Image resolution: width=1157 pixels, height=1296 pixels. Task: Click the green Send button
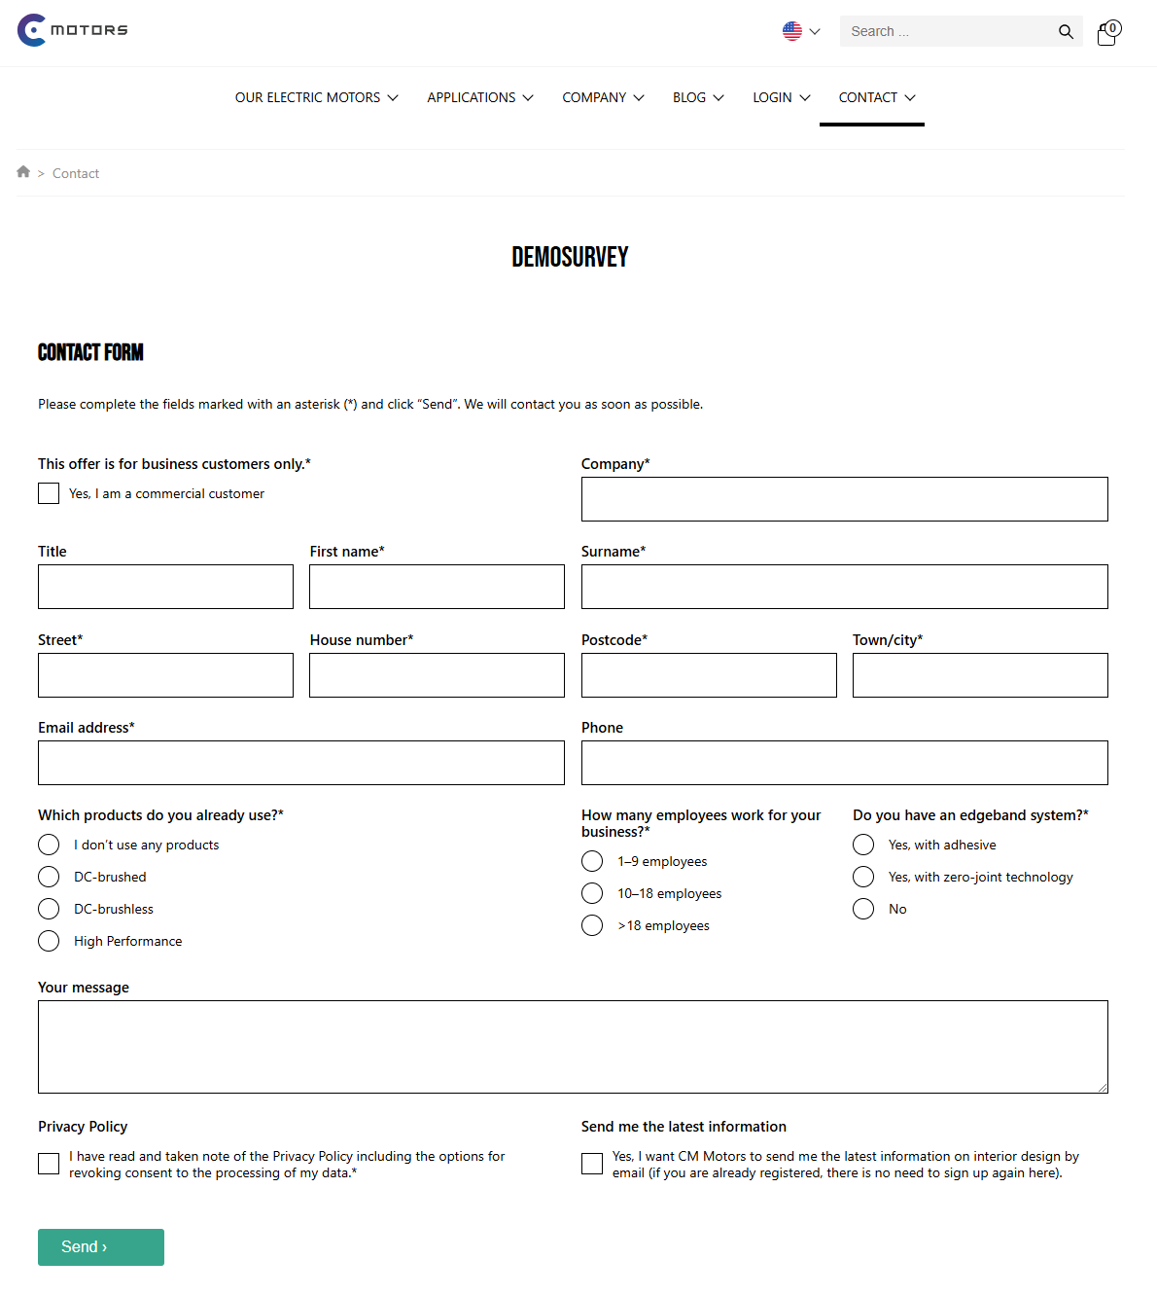100,1246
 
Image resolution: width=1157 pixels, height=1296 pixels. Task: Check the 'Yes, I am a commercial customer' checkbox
49,493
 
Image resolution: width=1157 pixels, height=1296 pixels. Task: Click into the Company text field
844,499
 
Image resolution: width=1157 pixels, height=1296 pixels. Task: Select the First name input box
437,587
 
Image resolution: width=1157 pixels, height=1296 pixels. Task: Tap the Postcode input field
708,675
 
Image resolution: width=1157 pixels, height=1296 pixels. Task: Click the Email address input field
300,763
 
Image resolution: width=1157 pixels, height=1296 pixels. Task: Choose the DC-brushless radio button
49,909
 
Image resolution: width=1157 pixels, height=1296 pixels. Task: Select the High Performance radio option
49,941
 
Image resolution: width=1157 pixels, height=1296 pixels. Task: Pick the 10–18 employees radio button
592,893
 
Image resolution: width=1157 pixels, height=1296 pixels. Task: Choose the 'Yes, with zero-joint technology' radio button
863,877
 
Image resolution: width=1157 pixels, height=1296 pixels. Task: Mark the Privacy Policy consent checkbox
49,1164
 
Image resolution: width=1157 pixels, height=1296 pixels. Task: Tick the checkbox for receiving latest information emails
592,1164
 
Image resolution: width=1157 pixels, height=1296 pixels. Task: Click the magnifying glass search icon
1066,31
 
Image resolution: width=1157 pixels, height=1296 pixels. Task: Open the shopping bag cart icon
1107,33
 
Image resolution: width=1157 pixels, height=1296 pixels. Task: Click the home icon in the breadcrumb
23,172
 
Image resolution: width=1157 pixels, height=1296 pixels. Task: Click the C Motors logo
73,30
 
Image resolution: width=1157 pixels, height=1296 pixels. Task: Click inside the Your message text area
573,1046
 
